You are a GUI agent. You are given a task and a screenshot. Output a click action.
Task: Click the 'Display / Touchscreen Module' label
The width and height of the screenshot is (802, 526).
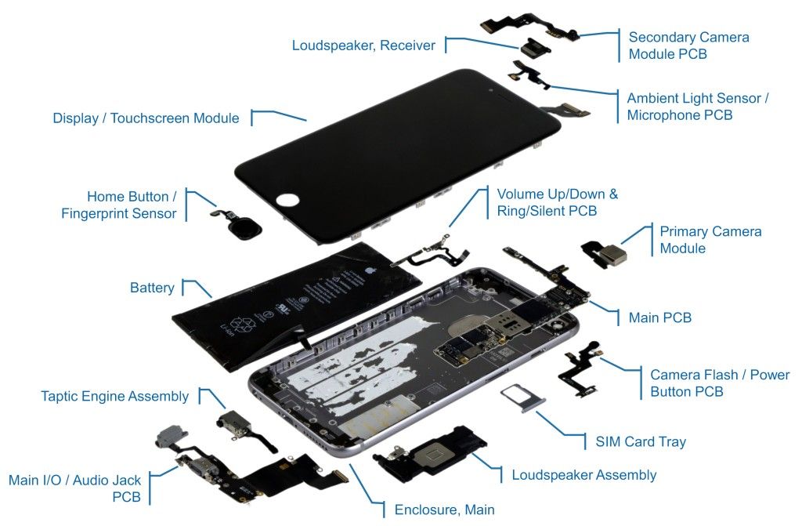(x=146, y=118)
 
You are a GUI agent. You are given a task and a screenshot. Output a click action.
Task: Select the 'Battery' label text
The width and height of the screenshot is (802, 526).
(x=152, y=288)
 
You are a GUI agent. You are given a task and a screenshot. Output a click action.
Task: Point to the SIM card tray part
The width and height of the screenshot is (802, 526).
(x=523, y=399)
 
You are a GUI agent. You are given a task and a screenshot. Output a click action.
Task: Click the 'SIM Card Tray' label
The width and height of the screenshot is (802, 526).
(x=635, y=441)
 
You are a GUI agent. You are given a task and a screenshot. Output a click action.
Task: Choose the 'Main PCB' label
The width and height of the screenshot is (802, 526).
(x=659, y=317)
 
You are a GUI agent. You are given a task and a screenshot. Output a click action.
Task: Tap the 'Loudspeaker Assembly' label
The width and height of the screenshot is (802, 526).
(x=583, y=474)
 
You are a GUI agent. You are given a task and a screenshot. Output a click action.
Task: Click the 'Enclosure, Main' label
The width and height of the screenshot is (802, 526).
(x=444, y=510)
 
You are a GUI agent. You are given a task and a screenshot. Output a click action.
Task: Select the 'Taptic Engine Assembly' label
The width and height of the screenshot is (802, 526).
(x=114, y=396)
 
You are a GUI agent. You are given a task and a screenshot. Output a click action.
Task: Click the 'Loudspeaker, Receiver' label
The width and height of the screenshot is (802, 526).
(x=363, y=45)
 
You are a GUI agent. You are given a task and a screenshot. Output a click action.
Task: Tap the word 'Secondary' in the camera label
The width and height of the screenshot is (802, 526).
(x=659, y=37)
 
